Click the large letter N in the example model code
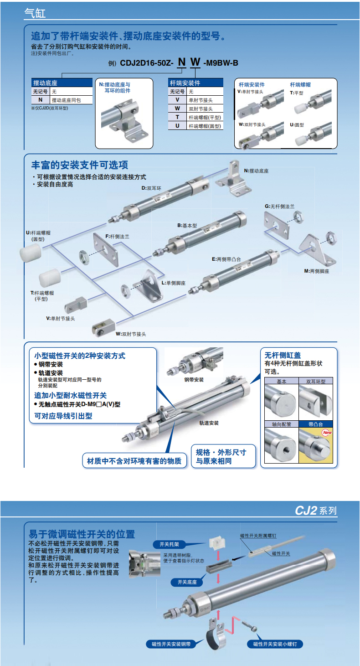(182, 62)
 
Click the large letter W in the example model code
(195, 62)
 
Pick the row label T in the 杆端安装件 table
(177, 117)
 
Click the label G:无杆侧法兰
(279, 207)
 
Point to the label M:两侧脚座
(317, 271)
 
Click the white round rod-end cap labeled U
(31, 253)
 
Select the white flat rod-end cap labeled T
(49, 278)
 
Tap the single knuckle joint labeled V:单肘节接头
(76, 305)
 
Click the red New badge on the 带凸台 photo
(327, 433)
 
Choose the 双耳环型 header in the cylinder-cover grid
(316, 381)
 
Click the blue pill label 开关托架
(169, 544)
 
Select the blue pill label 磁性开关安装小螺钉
(275, 644)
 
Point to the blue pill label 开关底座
(187, 582)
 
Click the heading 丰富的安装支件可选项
(80, 165)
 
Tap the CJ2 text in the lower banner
(306, 511)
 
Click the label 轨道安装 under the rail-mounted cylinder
(209, 423)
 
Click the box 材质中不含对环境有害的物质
(134, 461)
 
